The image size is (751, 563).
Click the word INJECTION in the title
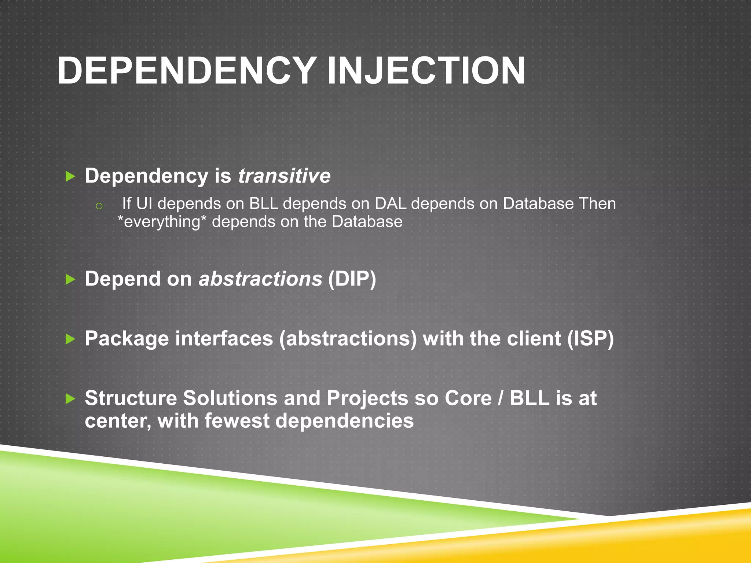[x=426, y=71]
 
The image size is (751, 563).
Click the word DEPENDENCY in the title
[x=187, y=71]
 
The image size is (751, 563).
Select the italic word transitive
[x=284, y=176]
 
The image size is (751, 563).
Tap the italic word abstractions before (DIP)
[x=260, y=279]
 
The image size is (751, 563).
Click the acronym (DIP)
[x=352, y=279]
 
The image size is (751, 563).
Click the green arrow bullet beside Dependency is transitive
[x=70, y=177]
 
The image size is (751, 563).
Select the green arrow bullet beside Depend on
[x=70, y=280]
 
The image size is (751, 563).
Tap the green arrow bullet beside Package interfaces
[x=70, y=339]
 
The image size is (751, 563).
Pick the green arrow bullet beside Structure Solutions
[x=70, y=398]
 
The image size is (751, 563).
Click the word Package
[x=127, y=339]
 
